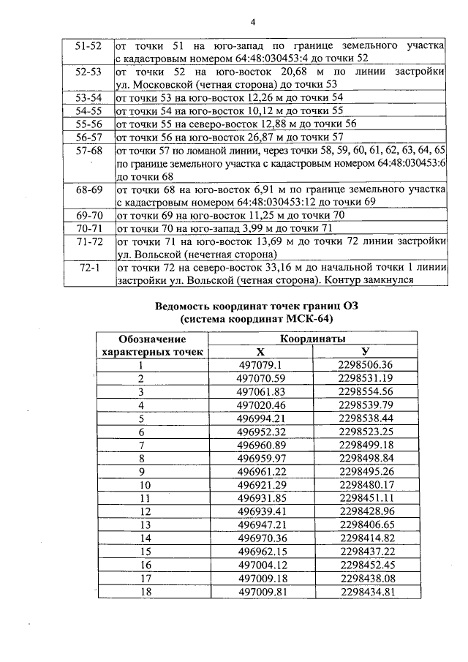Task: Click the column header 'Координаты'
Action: [x=313, y=339]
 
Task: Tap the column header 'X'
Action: [x=260, y=352]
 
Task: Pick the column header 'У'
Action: [x=366, y=352]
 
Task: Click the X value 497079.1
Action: [x=260, y=365]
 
